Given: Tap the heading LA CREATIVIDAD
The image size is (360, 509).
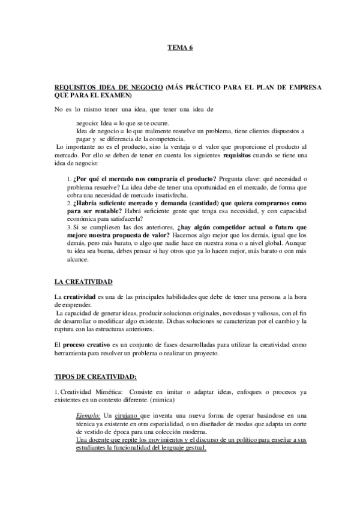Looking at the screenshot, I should coord(83,282).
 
